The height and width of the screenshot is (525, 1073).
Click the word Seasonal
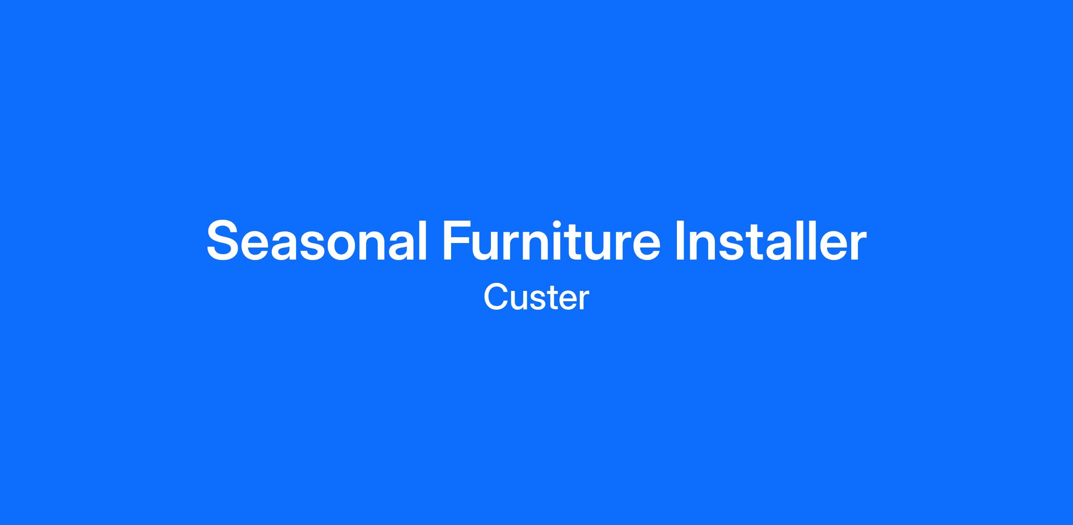tap(317, 240)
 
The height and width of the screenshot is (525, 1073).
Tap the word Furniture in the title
tap(551, 240)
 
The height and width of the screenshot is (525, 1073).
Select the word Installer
tap(771, 240)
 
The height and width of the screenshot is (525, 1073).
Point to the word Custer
tap(536, 298)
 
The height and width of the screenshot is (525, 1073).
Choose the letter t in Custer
tap(551, 299)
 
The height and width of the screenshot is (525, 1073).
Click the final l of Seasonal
tap(423, 240)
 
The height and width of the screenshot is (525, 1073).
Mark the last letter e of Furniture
tap(646, 246)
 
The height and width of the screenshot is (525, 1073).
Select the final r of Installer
tap(858, 245)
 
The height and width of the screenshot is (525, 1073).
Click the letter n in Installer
tap(705, 245)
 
